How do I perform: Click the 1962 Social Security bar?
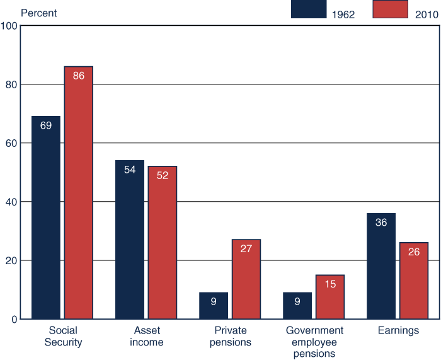pyautogui.click(x=46, y=218)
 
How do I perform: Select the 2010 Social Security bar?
pyautogui.click(x=79, y=192)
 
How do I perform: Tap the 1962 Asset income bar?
pyautogui.click(x=130, y=240)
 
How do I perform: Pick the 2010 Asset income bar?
pyautogui.click(x=163, y=243)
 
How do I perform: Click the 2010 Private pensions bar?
pyautogui.click(x=246, y=279)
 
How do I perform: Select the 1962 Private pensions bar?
pyautogui.click(x=214, y=306)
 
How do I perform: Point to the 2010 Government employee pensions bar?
pyautogui.click(x=330, y=297)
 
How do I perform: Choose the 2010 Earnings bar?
pyautogui.click(x=414, y=281)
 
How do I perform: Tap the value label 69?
pyautogui.click(x=46, y=125)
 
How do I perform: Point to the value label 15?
pyautogui.click(x=330, y=284)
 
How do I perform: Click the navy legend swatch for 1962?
pyautogui.click(x=309, y=9)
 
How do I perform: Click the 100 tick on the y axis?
pyautogui.click(x=9, y=26)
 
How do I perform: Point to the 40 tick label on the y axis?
pyautogui.click(x=11, y=202)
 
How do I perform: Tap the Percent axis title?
pyautogui.click(x=39, y=13)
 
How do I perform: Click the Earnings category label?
pyautogui.click(x=398, y=330)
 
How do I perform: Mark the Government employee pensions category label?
pyautogui.click(x=314, y=342)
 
